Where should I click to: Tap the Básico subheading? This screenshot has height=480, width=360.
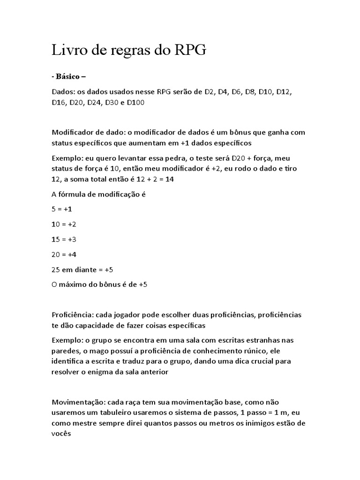pyautogui.click(x=68, y=77)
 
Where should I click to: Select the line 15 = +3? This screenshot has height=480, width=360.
pyautogui.click(x=64, y=239)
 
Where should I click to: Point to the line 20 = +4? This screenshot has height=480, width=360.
pyautogui.click(x=64, y=255)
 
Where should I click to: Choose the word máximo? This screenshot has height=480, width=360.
pyautogui.click(x=75, y=285)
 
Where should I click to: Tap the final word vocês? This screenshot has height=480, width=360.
pyautogui.click(x=61, y=434)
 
